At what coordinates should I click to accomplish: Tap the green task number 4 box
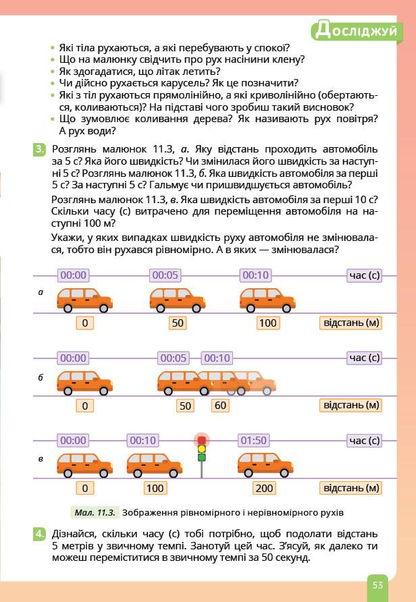point(40,535)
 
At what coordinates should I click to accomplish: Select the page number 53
point(377,584)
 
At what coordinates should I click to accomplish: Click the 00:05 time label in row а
point(165,275)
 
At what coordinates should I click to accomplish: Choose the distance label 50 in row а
point(178,323)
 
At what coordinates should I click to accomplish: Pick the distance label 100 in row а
point(268,323)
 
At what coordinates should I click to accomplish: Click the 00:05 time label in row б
point(174,358)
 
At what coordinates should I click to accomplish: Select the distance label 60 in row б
point(220,406)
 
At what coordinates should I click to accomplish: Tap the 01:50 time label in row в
point(253,440)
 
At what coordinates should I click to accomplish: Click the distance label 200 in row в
point(265,488)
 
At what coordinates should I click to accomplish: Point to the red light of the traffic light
point(201,440)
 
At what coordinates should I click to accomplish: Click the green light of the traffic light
point(201,457)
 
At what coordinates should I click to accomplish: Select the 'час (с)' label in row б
point(364,358)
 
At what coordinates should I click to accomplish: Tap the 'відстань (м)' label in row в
point(350,488)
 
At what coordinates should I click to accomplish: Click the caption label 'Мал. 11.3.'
point(94,512)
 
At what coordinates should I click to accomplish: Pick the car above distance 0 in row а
point(84,299)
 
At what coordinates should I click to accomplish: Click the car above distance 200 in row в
point(265,464)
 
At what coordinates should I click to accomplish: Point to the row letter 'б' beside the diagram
point(41,377)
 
